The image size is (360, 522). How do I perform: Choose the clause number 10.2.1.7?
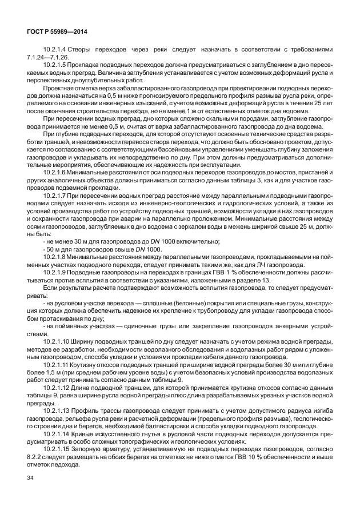coord(57,196)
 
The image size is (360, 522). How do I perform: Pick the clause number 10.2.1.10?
coord(59,341)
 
